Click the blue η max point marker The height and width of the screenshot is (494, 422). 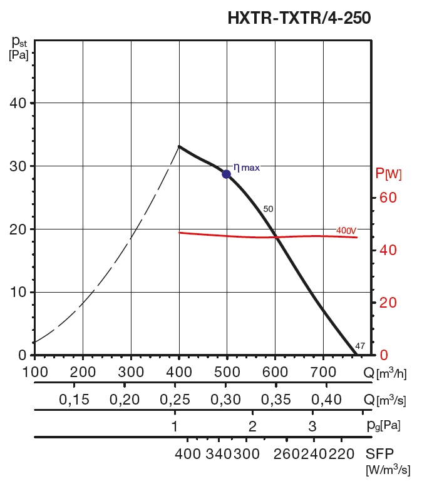[x=227, y=174]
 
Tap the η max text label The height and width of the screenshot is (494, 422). [x=246, y=168]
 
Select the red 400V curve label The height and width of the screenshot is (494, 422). [x=346, y=231]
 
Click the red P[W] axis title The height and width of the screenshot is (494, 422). [x=388, y=173]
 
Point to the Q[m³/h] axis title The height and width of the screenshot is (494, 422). [x=385, y=373]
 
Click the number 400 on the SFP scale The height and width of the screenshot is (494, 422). [x=188, y=453]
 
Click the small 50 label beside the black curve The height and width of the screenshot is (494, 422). [x=269, y=209]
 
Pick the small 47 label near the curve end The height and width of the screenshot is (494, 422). [x=360, y=346]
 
